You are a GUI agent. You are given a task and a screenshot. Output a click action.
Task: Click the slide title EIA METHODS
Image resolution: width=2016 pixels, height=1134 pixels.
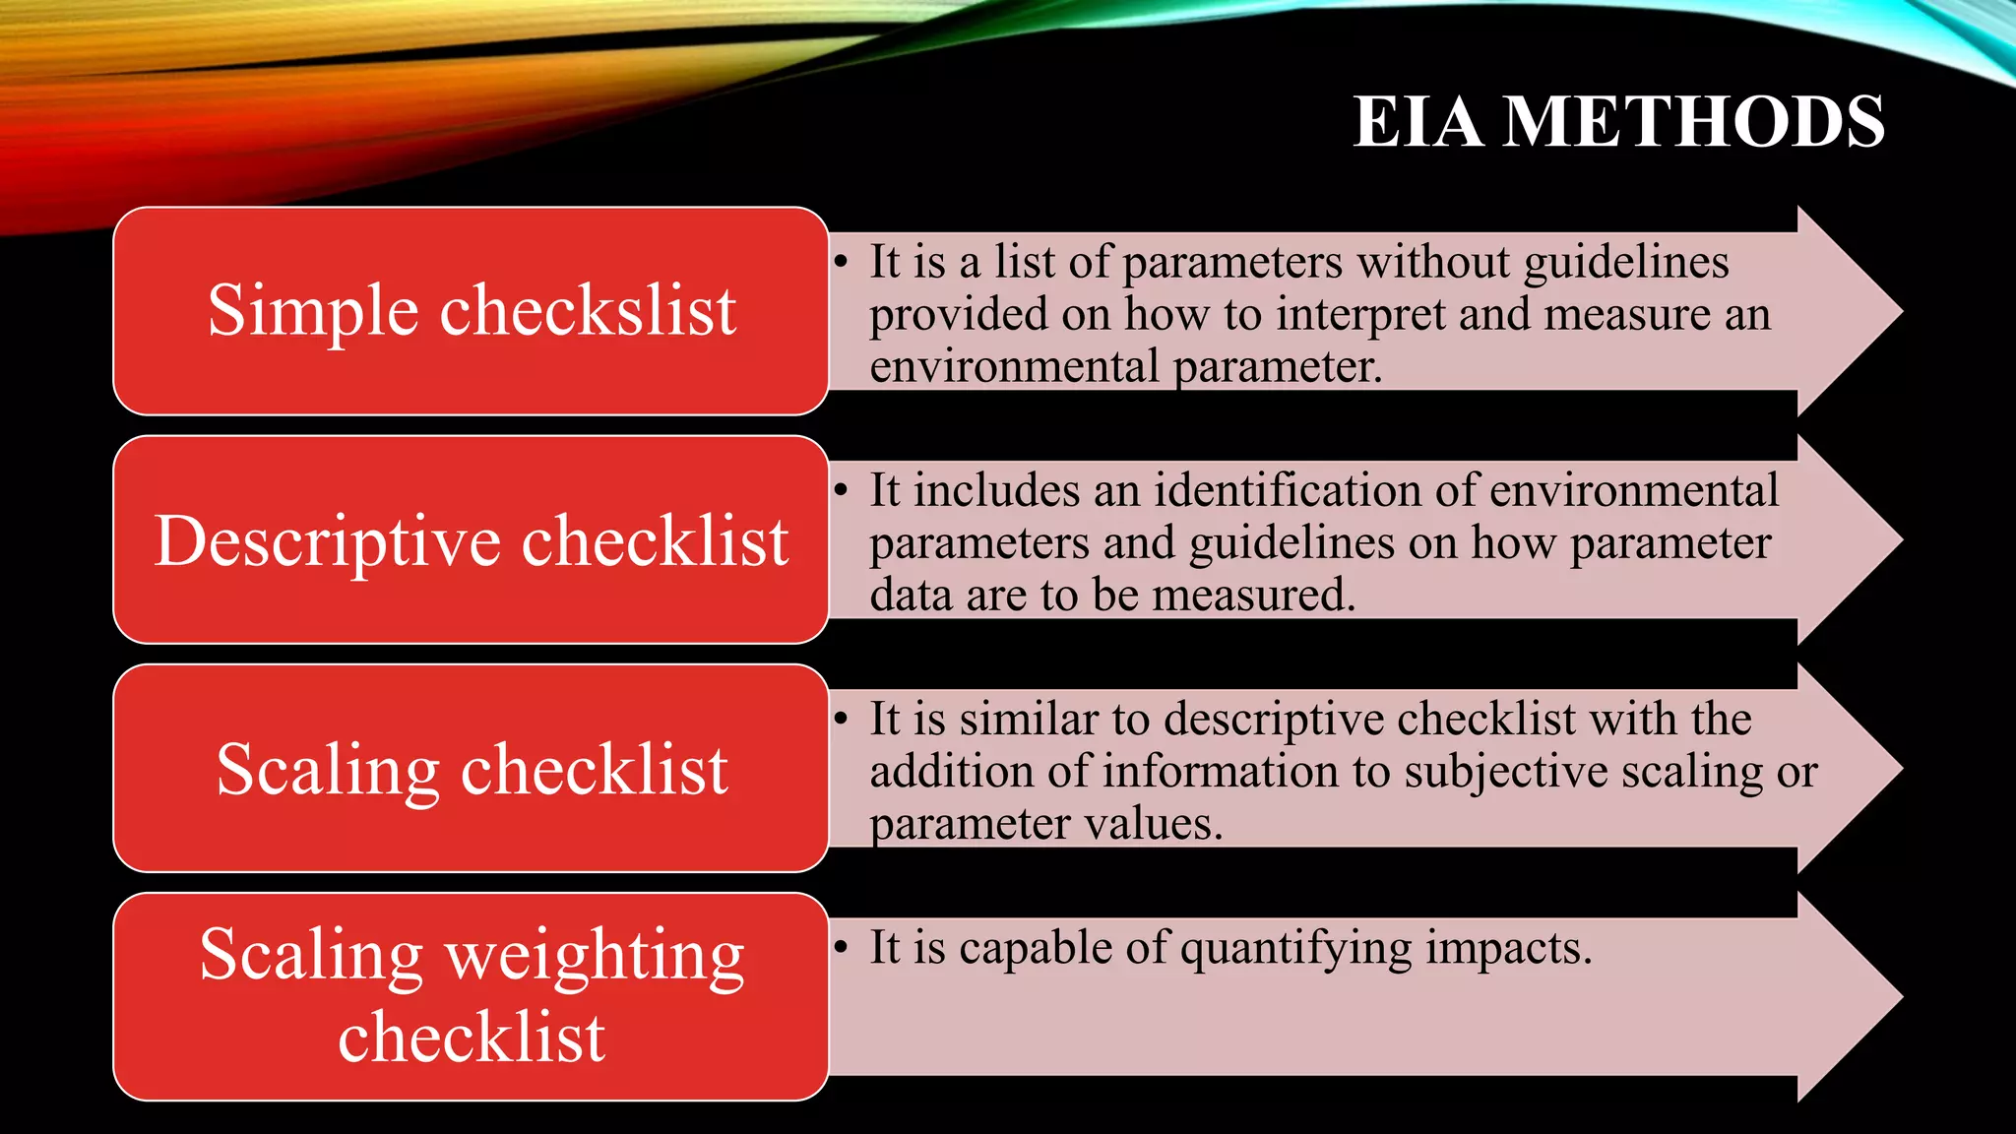click(1618, 122)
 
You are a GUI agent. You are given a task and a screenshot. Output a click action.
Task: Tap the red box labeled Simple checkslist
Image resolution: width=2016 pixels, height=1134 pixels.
click(471, 311)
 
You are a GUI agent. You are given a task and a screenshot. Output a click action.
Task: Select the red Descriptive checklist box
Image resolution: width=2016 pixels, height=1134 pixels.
click(471, 539)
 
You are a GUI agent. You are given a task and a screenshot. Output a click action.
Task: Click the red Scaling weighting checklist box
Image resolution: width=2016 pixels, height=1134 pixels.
click(471, 996)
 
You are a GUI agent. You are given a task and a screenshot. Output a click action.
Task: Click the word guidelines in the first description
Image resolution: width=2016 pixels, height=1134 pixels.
click(1626, 263)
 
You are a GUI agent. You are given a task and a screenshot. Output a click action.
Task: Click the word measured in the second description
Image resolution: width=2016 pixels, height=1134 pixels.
click(1253, 596)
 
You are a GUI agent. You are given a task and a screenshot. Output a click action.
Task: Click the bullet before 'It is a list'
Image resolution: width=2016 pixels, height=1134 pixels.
click(841, 263)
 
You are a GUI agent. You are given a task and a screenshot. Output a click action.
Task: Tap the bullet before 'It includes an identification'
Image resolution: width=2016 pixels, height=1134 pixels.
click(841, 491)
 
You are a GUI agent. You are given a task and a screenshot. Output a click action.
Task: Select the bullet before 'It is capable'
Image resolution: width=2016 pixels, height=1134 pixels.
click(841, 948)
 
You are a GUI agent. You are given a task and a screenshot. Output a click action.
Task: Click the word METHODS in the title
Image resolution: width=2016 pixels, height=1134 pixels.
click(1694, 122)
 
